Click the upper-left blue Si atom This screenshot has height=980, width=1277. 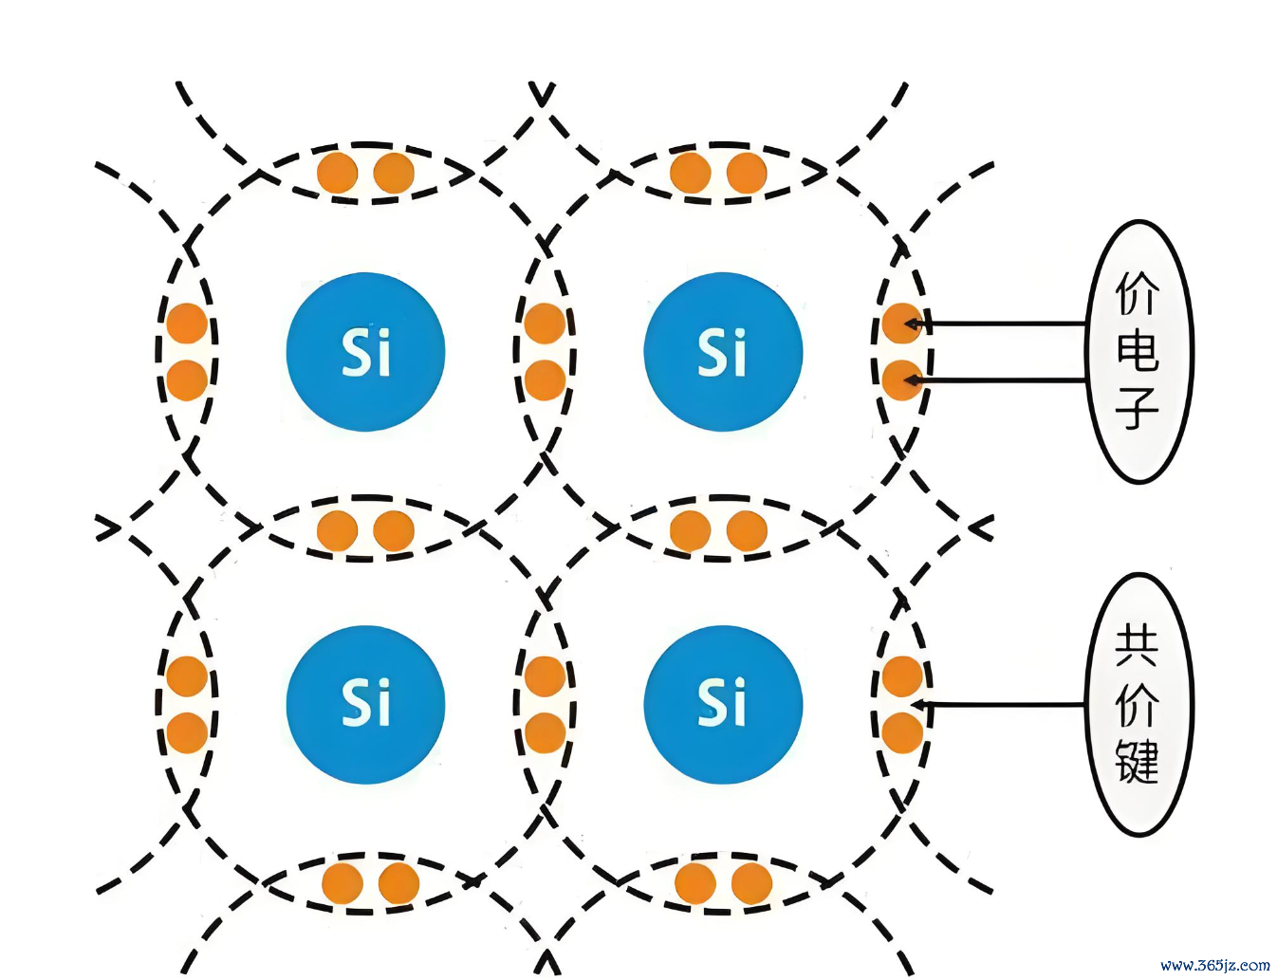click(365, 351)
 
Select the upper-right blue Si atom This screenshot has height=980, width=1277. click(723, 351)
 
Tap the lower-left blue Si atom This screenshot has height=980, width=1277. click(365, 705)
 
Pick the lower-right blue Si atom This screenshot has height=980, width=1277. click(723, 705)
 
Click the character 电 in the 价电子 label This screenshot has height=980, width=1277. click(1138, 351)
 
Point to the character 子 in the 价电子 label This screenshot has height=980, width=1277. click(1138, 408)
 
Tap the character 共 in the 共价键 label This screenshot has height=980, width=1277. click(1137, 649)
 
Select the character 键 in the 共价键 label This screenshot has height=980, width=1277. click(1137, 762)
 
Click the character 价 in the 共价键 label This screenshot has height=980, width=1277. click(1137, 705)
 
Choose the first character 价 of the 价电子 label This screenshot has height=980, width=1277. click(1138, 294)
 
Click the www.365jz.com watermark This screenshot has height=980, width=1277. click(1214, 966)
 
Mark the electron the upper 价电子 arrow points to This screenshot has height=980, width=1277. click(901, 324)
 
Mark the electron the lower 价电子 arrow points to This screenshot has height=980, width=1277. click(901, 380)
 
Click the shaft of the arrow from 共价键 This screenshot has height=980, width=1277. click(998, 705)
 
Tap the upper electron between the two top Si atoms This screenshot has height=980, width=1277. click(545, 324)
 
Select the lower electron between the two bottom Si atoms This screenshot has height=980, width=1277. click(545, 733)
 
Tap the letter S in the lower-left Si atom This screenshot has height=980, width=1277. click(355, 705)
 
